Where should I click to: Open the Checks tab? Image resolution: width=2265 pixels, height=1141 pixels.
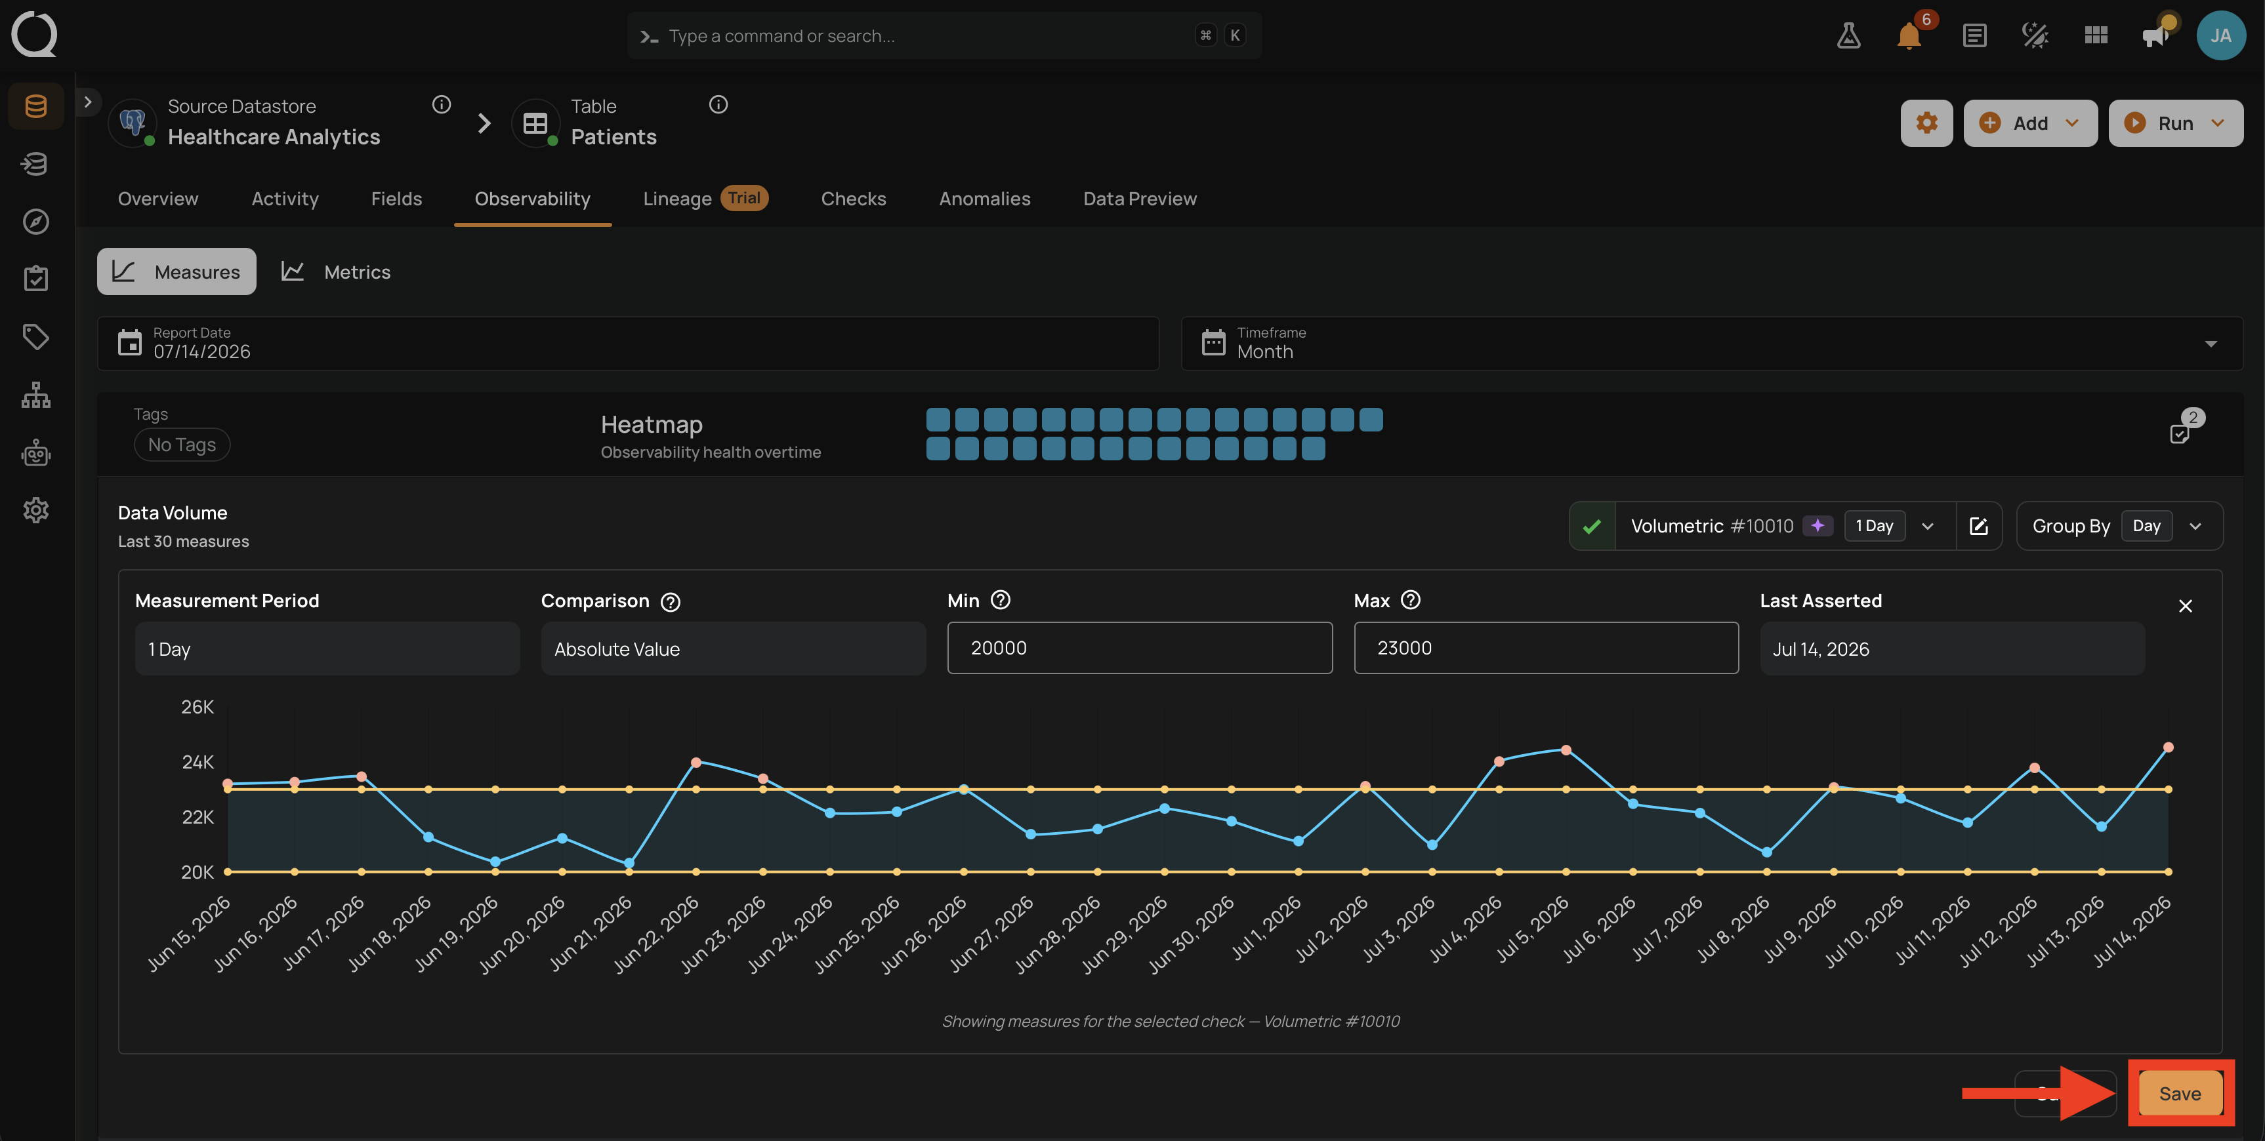[853, 199]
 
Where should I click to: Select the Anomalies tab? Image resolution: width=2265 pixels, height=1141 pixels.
[984, 199]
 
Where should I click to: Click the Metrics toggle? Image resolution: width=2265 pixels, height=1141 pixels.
[336, 271]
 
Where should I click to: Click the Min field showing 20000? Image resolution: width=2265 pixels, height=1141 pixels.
[1140, 648]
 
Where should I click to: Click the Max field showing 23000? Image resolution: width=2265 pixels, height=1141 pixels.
[1546, 648]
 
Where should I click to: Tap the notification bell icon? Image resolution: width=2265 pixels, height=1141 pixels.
[1909, 36]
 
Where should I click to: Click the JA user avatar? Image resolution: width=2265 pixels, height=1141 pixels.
[2220, 35]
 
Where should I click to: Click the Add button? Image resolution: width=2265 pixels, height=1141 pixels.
[2029, 123]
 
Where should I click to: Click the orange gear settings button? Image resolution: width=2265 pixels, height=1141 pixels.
[1926, 123]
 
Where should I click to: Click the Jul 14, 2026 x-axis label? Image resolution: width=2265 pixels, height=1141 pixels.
[2132, 931]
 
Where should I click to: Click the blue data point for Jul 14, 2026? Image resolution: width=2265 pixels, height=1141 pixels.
[2169, 747]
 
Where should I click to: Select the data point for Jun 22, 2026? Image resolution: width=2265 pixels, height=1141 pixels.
[696, 762]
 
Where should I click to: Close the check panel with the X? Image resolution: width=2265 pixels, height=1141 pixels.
[2185, 606]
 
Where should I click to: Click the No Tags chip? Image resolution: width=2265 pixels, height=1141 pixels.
[182, 445]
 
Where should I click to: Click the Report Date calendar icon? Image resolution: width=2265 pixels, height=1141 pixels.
[130, 343]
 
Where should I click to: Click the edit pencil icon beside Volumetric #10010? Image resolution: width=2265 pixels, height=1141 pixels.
[1978, 526]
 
